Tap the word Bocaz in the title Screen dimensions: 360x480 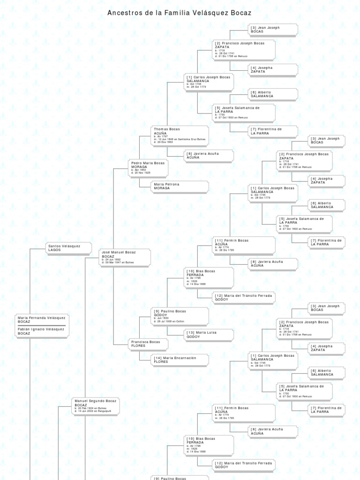pos(241,13)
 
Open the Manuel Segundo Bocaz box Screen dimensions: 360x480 pos(96,405)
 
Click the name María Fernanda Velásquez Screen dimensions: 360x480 pos(41,317)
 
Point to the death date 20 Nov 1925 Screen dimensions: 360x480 pos(142,173)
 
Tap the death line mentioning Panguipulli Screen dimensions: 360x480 pos(93,411)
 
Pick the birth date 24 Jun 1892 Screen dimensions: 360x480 pos(112,260)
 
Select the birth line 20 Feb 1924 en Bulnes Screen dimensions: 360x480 pos(91,408)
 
